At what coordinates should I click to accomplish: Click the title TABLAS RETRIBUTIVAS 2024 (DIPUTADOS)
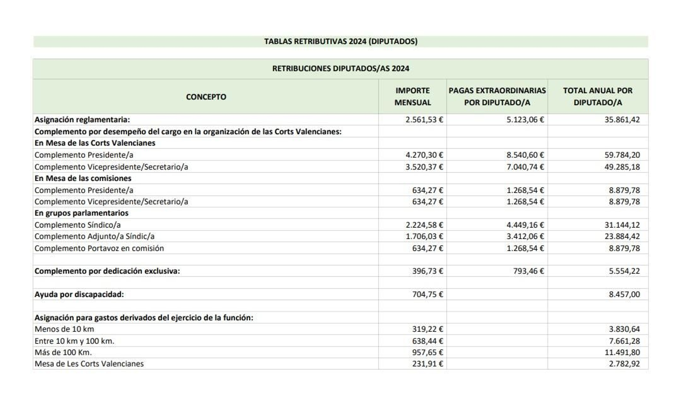point(341,41)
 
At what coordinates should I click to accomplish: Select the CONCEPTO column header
point(206,97)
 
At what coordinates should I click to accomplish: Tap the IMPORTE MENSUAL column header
point(412,96)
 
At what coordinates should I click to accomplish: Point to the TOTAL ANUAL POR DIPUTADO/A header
point(598,96)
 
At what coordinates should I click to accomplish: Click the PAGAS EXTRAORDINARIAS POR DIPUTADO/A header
point(497,96)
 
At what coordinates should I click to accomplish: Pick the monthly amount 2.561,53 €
point(424,120)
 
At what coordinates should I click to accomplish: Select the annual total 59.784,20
point(622,155)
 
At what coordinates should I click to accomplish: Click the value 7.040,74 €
point(525,167)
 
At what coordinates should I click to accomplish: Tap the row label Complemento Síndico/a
point(77,225)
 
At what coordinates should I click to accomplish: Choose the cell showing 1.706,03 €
point(424,236)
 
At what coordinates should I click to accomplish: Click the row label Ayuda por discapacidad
point(79,295)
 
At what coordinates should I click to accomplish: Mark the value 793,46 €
point(528,271)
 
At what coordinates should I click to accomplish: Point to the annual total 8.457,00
point(624,295)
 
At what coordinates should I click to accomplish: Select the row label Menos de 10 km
point(64,329)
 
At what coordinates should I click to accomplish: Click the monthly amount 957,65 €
point(427,353)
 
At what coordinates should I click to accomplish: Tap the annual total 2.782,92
point(624,364)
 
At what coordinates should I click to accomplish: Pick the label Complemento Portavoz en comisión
point(99,249)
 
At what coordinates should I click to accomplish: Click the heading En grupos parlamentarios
point(81,213)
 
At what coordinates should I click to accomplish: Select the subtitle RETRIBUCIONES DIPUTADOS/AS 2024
point(341,68)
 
